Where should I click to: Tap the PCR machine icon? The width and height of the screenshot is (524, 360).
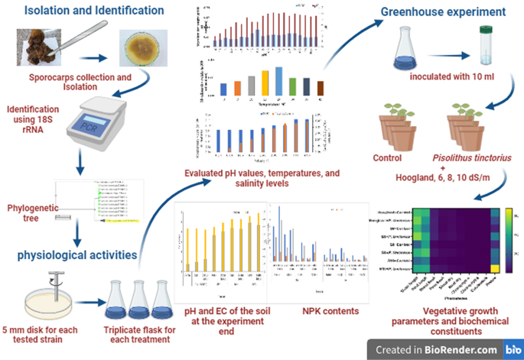point(106,118)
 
